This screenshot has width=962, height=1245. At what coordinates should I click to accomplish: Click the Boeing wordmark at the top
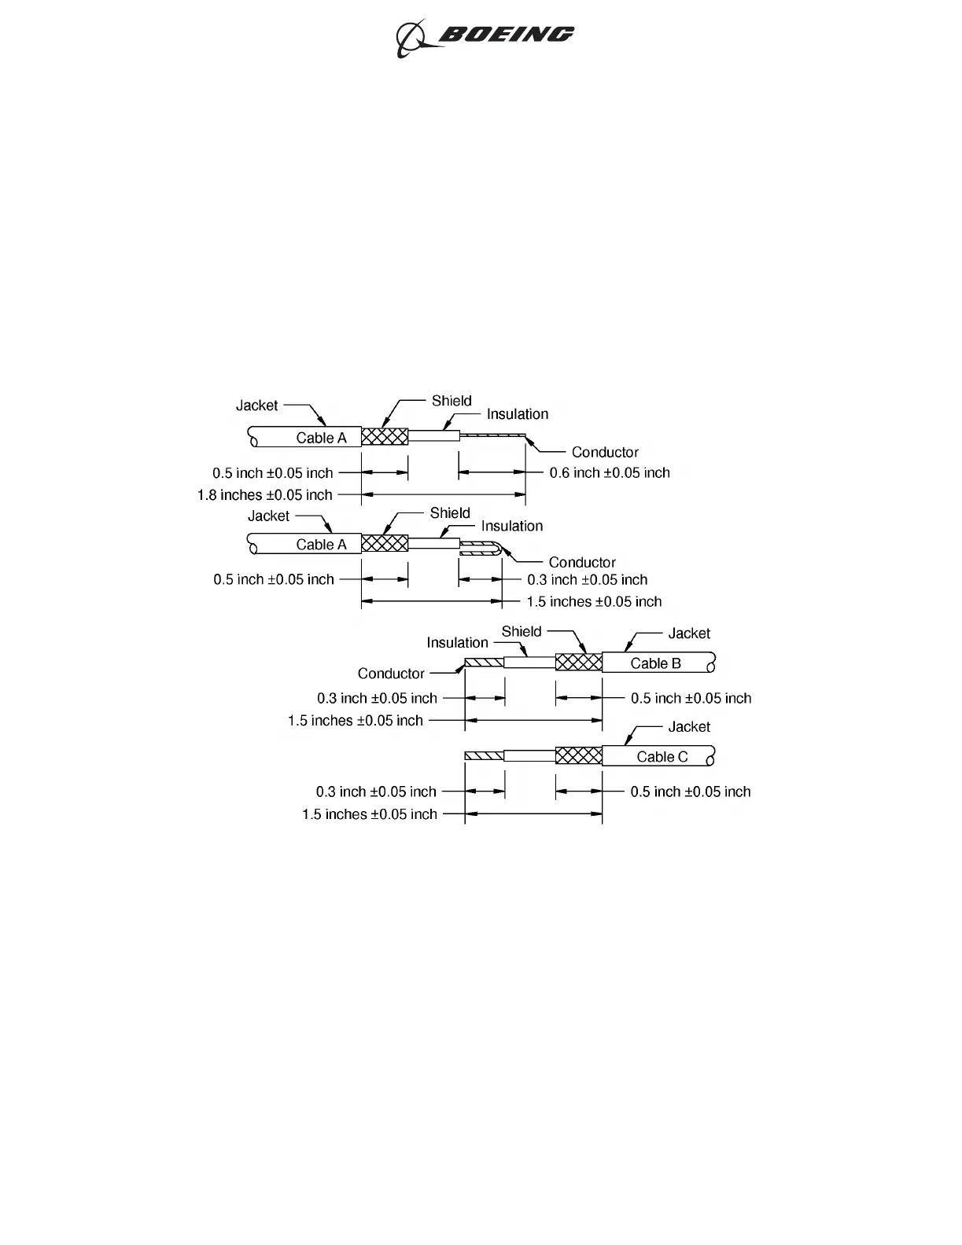(x=506, y=34)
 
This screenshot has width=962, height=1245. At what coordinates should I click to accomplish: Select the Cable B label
(x=655, y=663)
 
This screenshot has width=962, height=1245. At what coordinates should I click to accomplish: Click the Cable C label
(x=662, y=757)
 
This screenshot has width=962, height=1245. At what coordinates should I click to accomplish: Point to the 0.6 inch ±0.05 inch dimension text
(x=610, y=472)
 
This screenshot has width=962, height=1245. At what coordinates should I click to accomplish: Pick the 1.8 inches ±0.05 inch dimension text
(x=264, y=495)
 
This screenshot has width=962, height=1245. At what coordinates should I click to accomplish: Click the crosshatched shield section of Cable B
(x=578, y=663)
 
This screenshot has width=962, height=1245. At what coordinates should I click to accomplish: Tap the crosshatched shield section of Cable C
(x=578, y=756)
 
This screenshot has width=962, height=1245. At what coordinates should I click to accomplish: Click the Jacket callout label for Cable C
(x=689, y=727)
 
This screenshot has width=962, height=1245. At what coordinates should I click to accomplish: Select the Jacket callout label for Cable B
(x=689, y=634)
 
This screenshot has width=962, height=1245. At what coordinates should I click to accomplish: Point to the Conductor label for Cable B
(x=391, y=674)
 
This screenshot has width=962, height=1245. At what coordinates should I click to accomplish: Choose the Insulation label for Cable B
(x=457, y=643)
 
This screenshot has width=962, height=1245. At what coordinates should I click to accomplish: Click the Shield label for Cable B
(x=522, y=631)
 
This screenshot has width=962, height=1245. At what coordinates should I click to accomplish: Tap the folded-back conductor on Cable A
(x=481, y=549)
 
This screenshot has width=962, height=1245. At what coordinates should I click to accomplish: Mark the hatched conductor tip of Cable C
(x=484, y=756)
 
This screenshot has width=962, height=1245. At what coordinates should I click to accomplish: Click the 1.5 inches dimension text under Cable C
(x=369, y=814)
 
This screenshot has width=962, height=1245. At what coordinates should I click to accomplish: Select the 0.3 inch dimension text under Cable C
(x=376, y=791)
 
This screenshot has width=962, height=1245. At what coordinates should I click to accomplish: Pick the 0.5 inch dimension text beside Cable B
(x=691, y=698)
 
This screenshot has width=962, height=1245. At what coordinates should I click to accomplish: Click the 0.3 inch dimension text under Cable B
(x=377, y=698)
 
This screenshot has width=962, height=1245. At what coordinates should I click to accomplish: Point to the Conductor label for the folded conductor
(x=582, y=562)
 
